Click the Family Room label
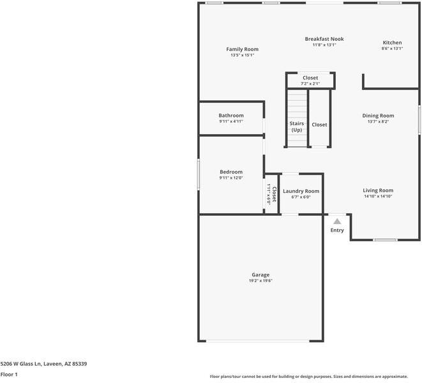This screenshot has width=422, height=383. click(x=243, y=49)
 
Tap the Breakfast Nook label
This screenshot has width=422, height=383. click(x=324, y=39)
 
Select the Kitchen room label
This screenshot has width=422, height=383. click(x=392, y=43)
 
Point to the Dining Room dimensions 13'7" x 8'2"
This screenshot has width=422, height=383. click(x=378, y=122)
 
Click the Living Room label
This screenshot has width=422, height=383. click(x=378, y=190)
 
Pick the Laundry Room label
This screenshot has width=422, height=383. click(x=301, y=191)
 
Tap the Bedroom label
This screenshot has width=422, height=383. click(x=231, y=172)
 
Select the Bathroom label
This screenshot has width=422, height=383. click(x=231, y=116)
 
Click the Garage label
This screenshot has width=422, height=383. click(x=260, y=274)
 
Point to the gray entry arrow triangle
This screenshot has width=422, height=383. click(x=337, y=221)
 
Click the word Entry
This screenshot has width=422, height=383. click(x=337, y=230)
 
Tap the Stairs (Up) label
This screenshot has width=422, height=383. click(x=297, y=126)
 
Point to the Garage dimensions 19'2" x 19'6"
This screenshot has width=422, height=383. click(x=260, y=281)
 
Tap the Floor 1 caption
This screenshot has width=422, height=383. click(x=9, y=375)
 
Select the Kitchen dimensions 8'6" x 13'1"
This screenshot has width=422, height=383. click(x=392, y=49)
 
